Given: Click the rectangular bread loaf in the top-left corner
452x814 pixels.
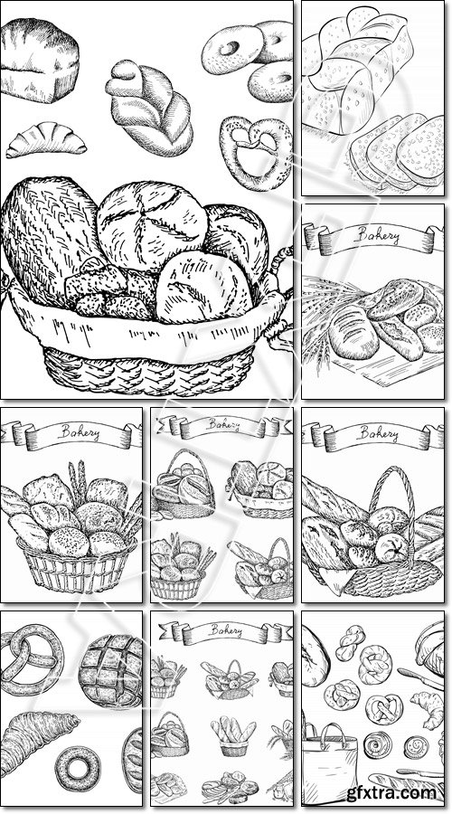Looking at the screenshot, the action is tap(40, 61).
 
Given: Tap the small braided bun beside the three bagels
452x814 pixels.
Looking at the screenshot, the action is tap(149, 108).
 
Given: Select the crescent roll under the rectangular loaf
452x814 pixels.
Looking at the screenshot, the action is tap(46, 139).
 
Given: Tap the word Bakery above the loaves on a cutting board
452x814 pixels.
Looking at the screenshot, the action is tap(377, 236).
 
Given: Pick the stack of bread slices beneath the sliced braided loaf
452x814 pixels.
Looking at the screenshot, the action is tap(397, 150).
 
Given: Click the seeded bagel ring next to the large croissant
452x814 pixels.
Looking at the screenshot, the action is tap(78, 766).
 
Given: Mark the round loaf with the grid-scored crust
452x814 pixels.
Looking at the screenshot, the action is tap(110, 671).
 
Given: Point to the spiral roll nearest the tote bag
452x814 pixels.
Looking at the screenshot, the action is tap(377, 745).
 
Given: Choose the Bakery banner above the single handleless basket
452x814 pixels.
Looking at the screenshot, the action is tap(71, 434).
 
